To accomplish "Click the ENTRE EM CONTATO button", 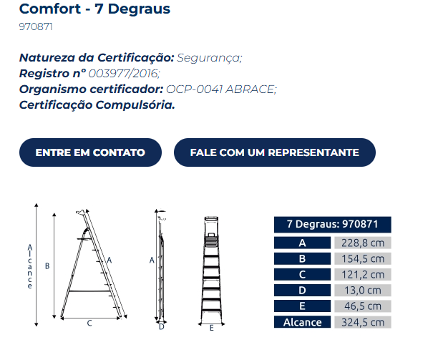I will (x=90, y=152).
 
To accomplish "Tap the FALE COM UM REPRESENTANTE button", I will (x=274, y=152).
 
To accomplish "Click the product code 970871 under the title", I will (x=36, y=27).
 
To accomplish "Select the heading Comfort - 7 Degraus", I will (x=94, y=9).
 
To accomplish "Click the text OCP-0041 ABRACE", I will (x=221, y=89).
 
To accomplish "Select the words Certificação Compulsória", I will (x=97, y=104).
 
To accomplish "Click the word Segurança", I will (x=210, y=57).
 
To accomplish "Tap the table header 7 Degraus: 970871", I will (x=332, y=224).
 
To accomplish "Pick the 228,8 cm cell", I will (x=363, y=243).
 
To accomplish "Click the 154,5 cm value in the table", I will (x=363, y=258).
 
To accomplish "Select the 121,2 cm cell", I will (x=363, y=274).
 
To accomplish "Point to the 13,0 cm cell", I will (x=363, y=290).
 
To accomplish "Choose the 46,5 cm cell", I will (x=363, y=306).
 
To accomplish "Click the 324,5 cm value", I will (x=363, y=322).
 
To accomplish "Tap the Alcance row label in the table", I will (x=303, y=322).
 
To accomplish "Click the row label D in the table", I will (x=303, y=290).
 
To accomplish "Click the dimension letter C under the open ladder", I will (x=89, y=323).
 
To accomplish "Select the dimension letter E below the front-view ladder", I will (x=212, y=328).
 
